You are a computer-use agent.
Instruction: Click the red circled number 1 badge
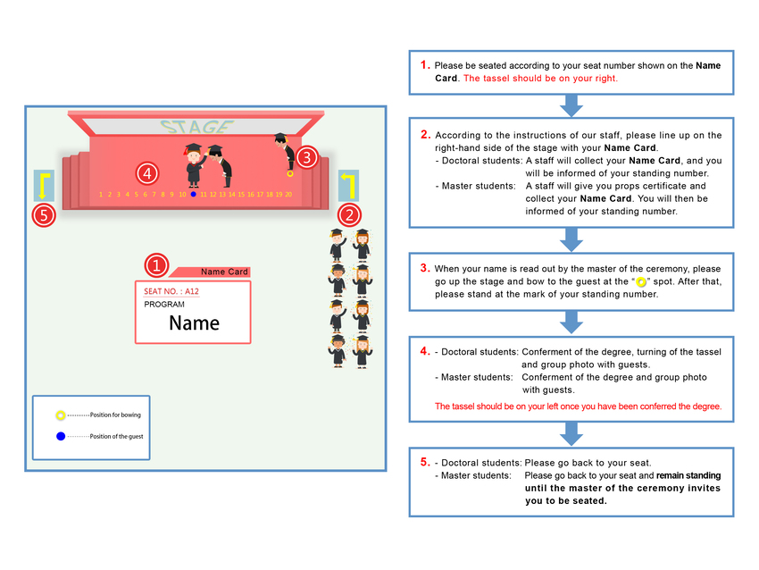(x=156, y=265)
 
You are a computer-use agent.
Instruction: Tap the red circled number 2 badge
(x=349, y=215)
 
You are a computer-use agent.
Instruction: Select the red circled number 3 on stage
(x=307, y=157)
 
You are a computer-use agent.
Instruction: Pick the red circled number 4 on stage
(x=147, y=173)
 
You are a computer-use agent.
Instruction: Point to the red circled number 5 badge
(x=44, y=215)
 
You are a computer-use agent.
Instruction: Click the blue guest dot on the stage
(x=193, y=194)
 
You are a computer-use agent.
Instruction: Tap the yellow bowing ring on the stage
(x=290, y=173)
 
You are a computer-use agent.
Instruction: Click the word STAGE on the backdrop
(x=197, y=127)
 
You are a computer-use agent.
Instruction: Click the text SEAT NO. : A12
(x=171, y=291)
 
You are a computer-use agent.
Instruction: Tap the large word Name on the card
(x=194, y=323)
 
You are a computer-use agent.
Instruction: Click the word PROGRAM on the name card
(x=164, y=304)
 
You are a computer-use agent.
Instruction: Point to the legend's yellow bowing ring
(x=60, y=415)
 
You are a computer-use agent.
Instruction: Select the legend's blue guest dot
(x=61, y=436)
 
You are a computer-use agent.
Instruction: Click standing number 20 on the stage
(x=288, y=194)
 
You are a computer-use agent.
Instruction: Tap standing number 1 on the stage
(x=101, y=194)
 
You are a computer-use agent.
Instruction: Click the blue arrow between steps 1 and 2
(x=571, y=105)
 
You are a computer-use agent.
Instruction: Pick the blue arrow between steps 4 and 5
(x=571, y=434)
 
